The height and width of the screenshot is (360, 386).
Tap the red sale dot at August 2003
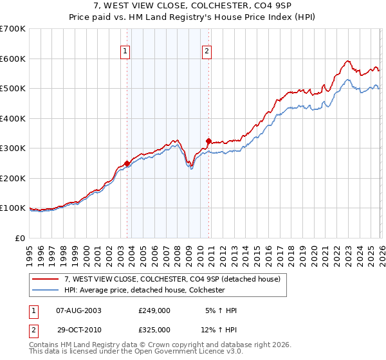click(127, 163)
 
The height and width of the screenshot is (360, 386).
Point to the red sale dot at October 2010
click(208, 141)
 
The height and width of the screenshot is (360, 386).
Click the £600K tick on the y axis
click(13, 59)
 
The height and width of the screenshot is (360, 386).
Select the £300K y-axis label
click(13, 148)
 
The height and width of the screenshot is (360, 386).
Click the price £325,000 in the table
click(154, 329)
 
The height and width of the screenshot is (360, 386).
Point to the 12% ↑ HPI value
click(220, 329)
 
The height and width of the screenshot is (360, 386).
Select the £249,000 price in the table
click(154, 310)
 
